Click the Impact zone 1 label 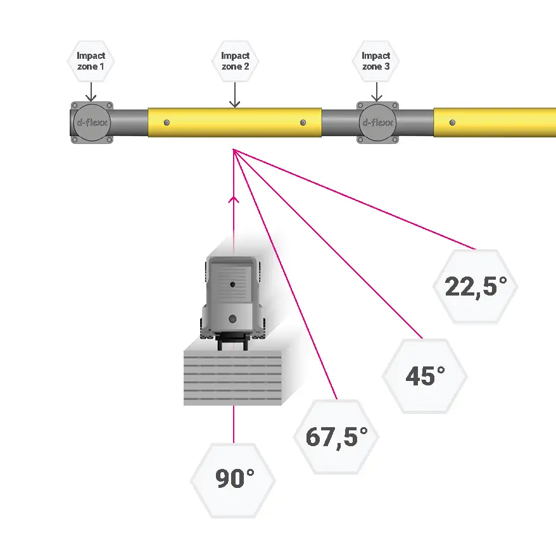tap(91, 61)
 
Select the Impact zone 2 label tap(235, 61)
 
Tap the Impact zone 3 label tap(376, 61)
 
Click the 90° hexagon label tap(233, 479)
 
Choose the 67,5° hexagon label tap(336, 437)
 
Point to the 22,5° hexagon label tap(476, 287)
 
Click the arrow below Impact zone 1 tap(91, 92)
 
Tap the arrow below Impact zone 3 tap(376, 92)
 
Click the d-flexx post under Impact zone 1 tap(91, 122)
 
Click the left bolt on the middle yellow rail tap(166, 122)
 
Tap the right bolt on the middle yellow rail tap(303, 122)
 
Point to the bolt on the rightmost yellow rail tap(452, 122)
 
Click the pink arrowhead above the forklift tap(234, 200)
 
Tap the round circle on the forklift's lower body tap(233, 318)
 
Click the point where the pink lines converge tap(234, 150)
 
